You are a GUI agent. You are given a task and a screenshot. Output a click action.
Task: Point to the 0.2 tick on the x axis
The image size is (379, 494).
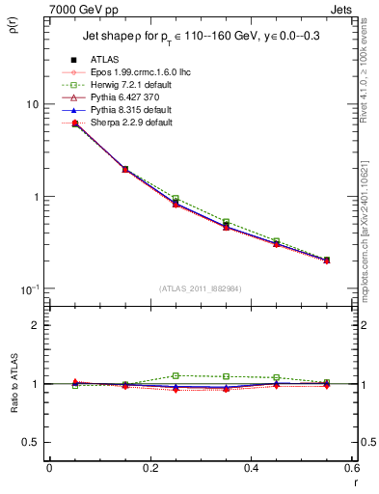(x=149, y=469)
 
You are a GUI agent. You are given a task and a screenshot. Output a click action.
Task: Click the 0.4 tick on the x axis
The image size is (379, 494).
(x=251, y=469)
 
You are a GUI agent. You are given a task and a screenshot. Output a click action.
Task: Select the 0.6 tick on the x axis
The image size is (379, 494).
(x=351, y=469)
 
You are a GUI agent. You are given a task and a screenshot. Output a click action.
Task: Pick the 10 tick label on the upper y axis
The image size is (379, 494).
(x=32, y=104)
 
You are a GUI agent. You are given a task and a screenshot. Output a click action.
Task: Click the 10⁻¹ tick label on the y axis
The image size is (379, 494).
(x=29, y=289)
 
